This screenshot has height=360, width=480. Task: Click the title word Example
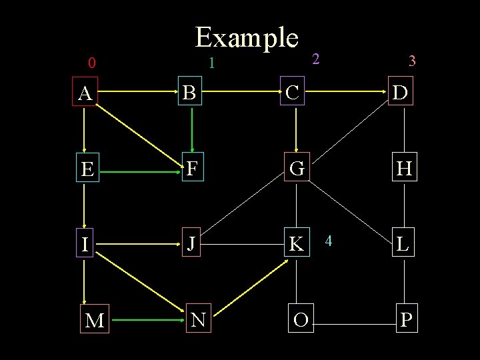[246, 38]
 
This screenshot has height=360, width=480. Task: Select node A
[85, 94]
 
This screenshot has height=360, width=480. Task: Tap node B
[190, 93]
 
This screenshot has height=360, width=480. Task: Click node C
[292, 93]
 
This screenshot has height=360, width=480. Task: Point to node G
[297, 169]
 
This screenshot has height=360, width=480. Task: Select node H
[403, 169]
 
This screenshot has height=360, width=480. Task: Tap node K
[295, 245]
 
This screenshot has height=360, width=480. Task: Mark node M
[95, 321]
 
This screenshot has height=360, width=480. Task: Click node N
[197, 320]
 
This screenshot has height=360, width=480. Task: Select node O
[300, 320]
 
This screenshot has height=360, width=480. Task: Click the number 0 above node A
[92, 64]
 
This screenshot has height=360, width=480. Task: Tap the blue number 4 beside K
[328, 239]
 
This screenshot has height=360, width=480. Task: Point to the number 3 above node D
[412, 61]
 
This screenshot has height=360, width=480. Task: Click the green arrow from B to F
[192, 130]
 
